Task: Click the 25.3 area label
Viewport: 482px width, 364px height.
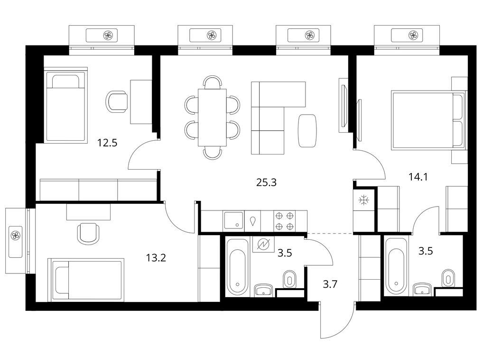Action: pyautogui.click(x=266, y=182)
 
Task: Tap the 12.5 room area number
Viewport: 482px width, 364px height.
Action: pyautogui.click(x=107, y=143)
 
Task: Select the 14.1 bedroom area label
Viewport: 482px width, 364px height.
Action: pyautogui.click(x=418, y=177)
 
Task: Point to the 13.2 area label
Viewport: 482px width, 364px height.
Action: pyautogui.click(x=156, y=257)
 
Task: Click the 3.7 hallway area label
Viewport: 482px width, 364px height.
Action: pyautogui.click(x=330, y=284)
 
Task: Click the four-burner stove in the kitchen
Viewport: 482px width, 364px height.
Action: pyautogui.click(x=284, y=221)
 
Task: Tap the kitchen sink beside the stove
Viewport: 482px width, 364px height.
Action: pyautogui.click(x=233, y=220)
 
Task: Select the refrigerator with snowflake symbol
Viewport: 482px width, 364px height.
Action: pyautogui.click(x=364, y=200)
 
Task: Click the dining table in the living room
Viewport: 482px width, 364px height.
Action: pyautogui.click(x=213, y=118)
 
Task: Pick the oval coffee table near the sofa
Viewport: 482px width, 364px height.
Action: pyautogui.click(x=307, y=130)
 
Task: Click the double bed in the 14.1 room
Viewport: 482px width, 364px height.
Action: pyautogui.click(x=428, y=120)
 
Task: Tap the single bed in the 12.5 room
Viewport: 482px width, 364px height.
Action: pyautogui.click(x=65, y=105)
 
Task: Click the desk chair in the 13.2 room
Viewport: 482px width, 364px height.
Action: pyautogui.click(x=89, y=234)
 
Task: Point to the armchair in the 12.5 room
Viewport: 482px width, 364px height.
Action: pyautogui.click(x=117, y=102)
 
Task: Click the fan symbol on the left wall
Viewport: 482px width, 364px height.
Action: pyautogui.click(x=15, y=236)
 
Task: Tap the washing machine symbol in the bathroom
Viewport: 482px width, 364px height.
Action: pyautogui.click(x=263, y=244)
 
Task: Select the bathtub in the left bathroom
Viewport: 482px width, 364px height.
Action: pyautogui.click(x=237, y=267)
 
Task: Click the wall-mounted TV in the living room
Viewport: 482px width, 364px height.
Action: pyautogui.click(x=343, y=105)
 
